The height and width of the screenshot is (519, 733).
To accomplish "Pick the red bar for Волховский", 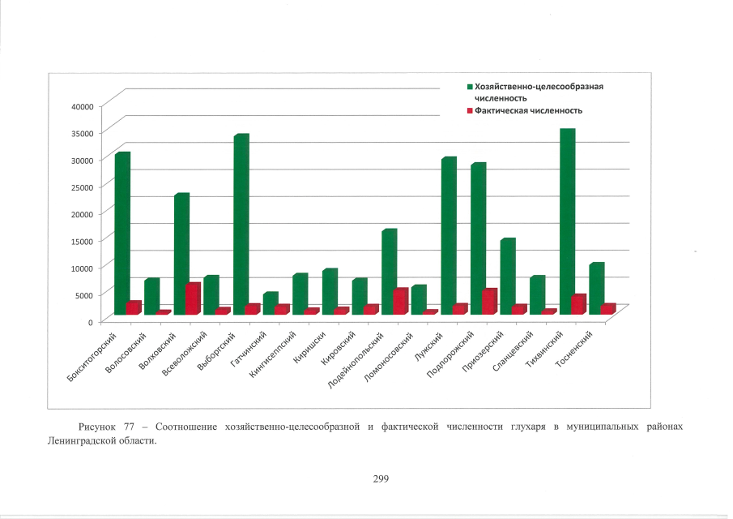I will tap(192, 298).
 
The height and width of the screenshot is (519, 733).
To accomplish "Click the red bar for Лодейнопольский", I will tap(400, 301).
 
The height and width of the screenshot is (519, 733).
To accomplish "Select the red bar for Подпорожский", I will tap(489, 301).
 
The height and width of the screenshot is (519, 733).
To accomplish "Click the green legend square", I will tap(470, 86).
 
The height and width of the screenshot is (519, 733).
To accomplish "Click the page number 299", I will tap(381, 478).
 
